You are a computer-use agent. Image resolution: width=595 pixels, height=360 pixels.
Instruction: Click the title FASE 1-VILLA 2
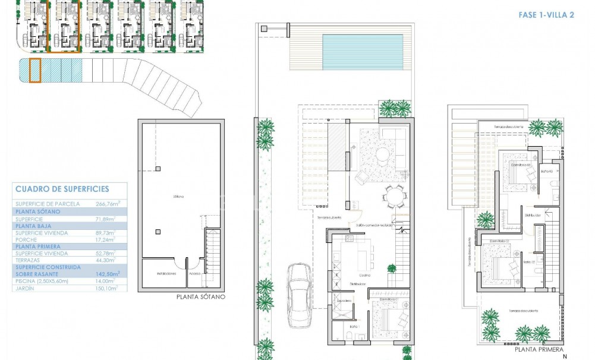[542, 15]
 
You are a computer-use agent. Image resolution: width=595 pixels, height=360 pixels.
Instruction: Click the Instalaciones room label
[166, 274]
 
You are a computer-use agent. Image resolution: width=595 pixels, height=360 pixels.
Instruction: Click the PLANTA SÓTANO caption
[201, 298]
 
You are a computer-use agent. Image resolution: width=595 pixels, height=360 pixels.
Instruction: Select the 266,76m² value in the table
[108, 203]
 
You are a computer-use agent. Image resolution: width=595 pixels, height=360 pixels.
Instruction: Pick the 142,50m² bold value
[107, 274]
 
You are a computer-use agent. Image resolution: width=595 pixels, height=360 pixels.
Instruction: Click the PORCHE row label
[26, 239]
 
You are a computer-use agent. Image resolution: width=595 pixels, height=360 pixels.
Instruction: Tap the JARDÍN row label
[26, 288]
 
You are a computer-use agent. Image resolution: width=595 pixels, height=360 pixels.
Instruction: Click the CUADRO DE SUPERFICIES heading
[62, 189]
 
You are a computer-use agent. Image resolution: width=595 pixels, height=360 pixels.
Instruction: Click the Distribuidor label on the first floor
[532, 215]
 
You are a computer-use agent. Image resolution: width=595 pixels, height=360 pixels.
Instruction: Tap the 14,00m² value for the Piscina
[107, 281]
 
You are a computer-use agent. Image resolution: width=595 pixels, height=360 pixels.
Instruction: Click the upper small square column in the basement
[157, 169]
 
